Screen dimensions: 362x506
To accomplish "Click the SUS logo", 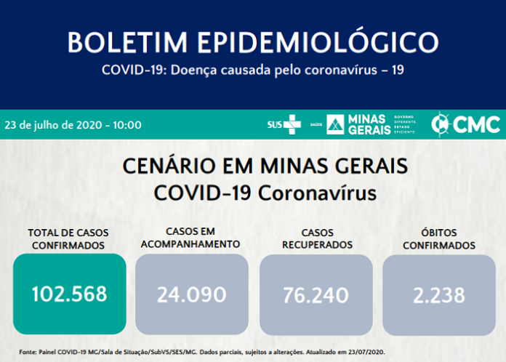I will coord(284,124).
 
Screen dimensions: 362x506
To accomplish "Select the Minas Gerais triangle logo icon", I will coord(335,124).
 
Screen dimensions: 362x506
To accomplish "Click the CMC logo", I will coord(466,124).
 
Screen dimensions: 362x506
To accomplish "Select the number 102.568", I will coord(69,294).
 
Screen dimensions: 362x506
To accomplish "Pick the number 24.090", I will coord(192,294).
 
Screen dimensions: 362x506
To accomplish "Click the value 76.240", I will coord(316,294).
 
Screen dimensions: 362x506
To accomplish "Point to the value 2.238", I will coord(438,294).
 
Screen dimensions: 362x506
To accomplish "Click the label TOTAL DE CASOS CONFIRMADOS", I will coord(68,239).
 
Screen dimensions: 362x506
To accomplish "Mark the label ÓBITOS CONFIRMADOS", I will coord(438,239).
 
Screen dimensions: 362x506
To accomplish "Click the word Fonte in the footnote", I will coord(28,352).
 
